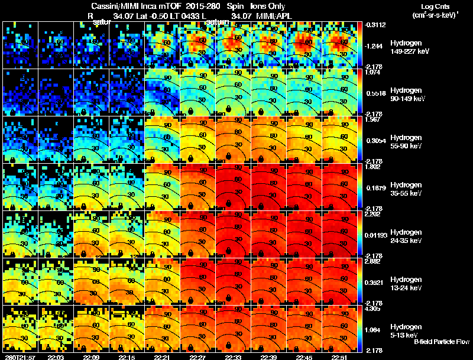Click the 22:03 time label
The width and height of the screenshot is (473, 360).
click(56, 356)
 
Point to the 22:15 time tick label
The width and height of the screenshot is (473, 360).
click(127, 356)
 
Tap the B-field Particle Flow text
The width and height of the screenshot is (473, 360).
click(440, 342)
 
